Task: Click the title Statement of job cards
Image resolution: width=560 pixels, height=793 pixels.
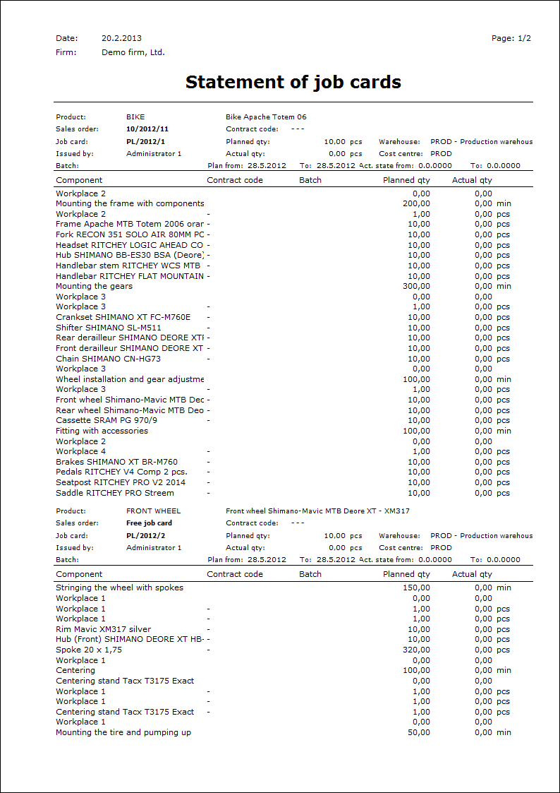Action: point(293,82)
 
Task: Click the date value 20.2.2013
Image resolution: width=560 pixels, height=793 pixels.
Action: point(121,38)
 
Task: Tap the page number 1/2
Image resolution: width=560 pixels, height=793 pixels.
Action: point(524,38)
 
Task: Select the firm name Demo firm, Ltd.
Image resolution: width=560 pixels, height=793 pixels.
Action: point(133,52)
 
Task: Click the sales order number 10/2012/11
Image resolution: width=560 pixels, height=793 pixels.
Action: point(147,129)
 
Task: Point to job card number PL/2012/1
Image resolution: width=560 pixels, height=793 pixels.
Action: point(145,141)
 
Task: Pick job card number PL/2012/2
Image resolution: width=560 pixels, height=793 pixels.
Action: point(145,535)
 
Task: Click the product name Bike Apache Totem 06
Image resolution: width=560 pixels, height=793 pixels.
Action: point(266,117)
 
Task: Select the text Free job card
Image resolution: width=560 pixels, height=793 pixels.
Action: point(149,523)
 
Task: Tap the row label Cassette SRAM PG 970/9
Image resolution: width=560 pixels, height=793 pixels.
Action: point(106,420)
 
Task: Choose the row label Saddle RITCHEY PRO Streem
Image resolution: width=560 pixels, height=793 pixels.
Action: point(114,493)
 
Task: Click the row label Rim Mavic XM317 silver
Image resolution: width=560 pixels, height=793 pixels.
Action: point(103,629)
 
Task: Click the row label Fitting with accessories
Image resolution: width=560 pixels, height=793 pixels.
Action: point(102,431)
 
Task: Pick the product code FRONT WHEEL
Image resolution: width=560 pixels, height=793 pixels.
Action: point(153,511)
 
